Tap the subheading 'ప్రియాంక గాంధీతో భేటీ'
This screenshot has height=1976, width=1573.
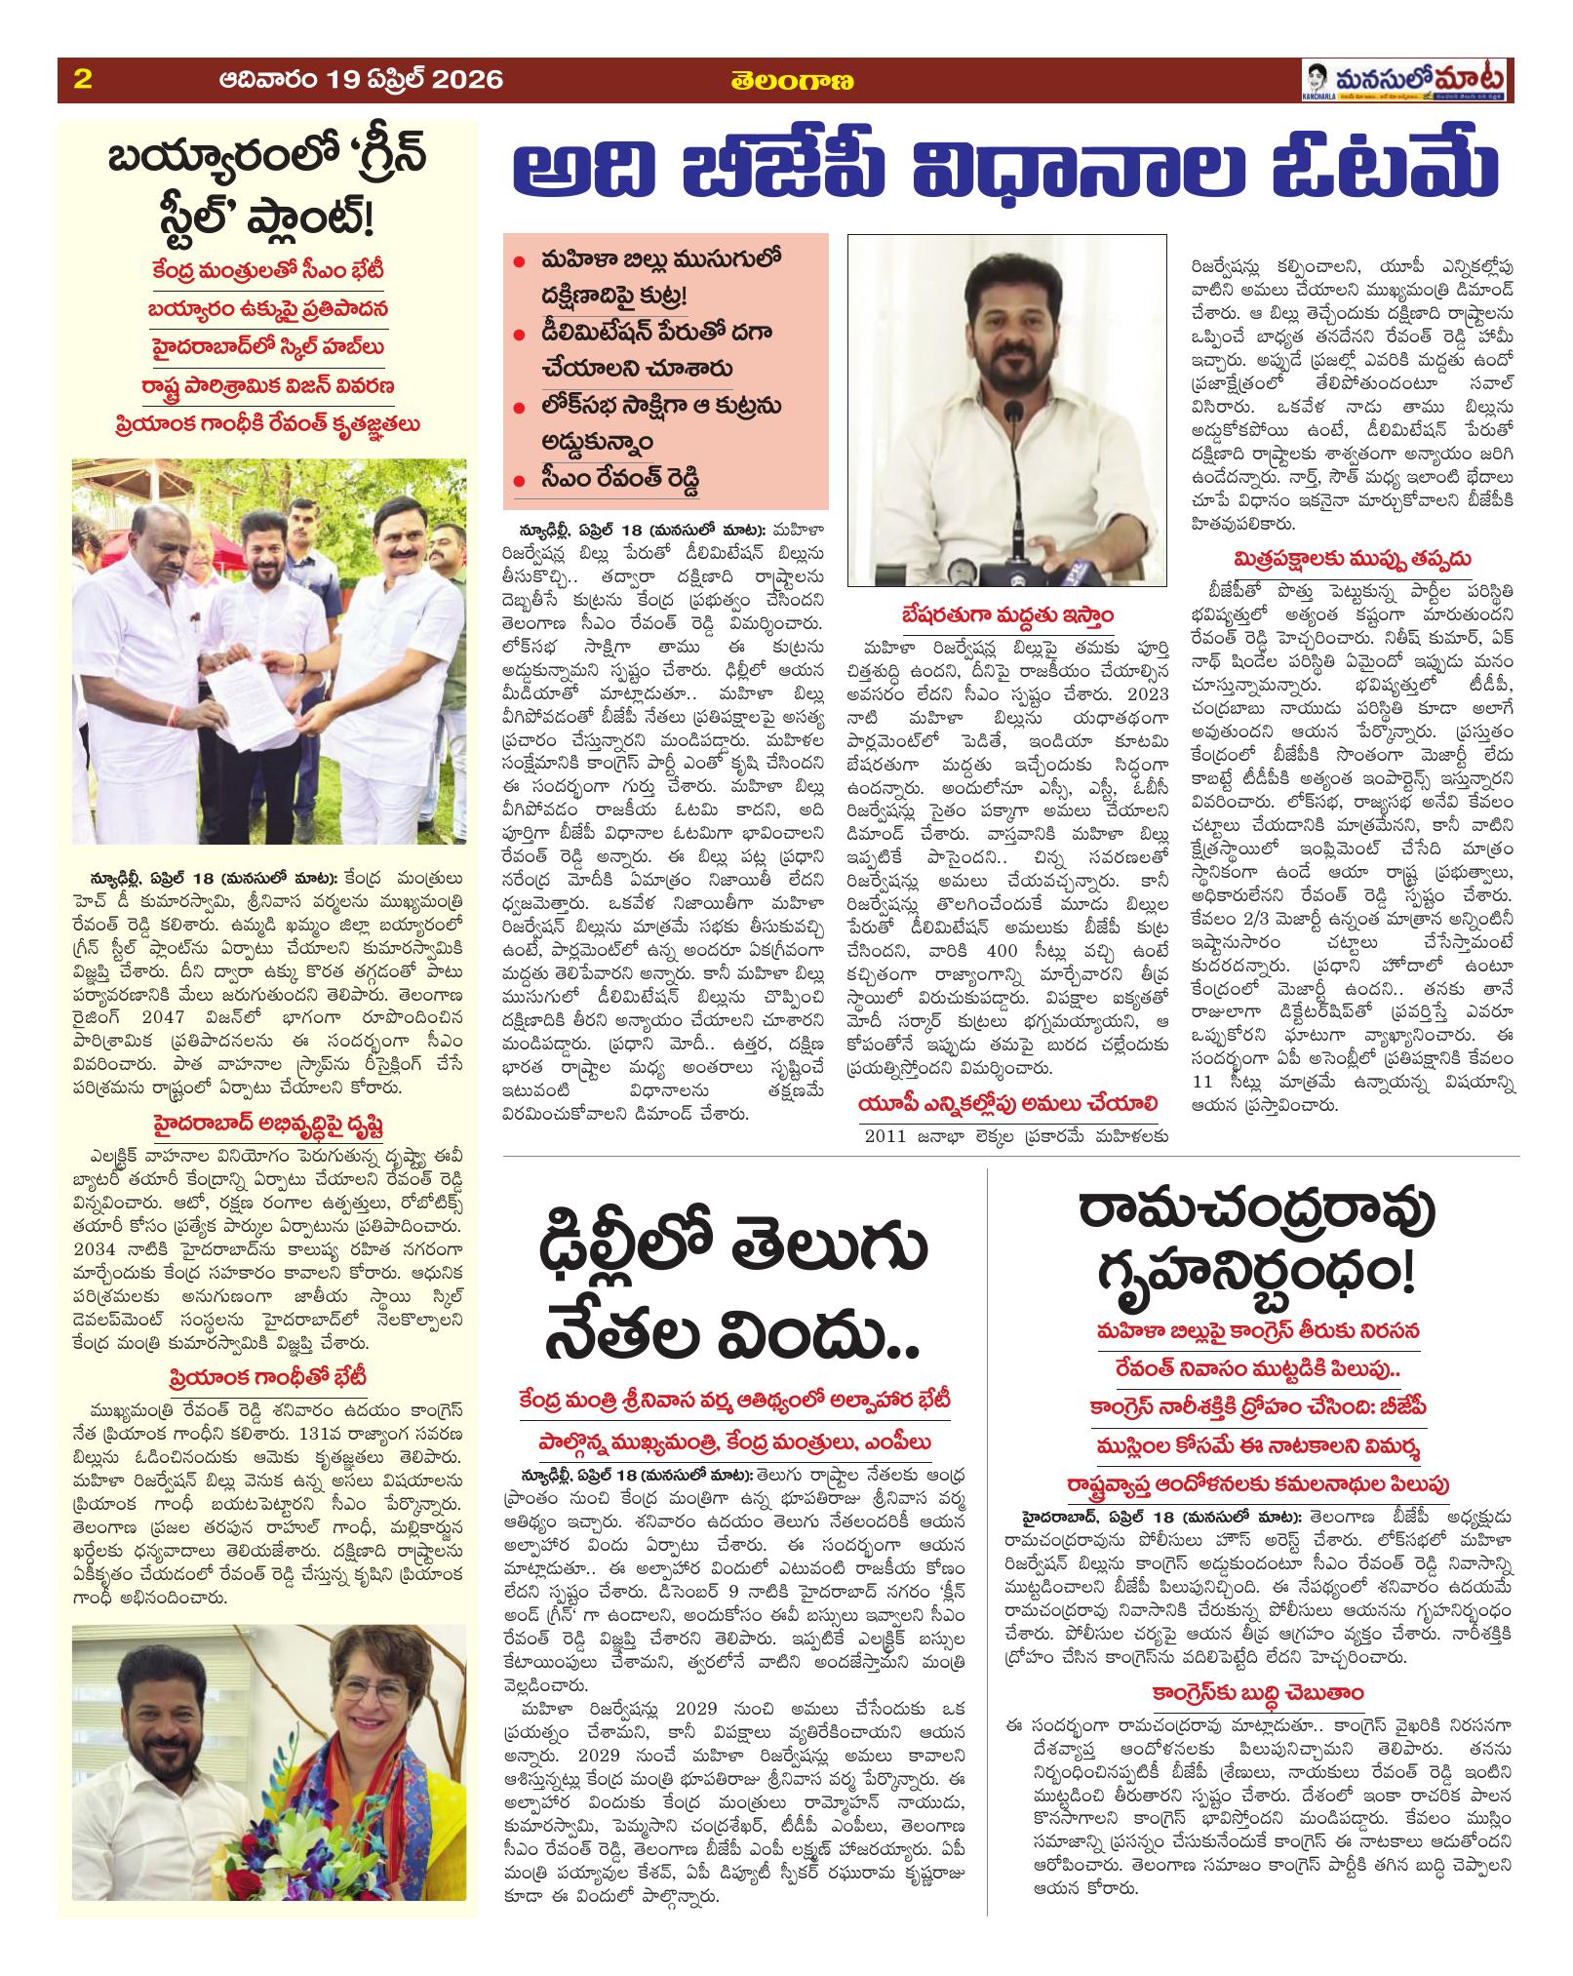pos(266,1378)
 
